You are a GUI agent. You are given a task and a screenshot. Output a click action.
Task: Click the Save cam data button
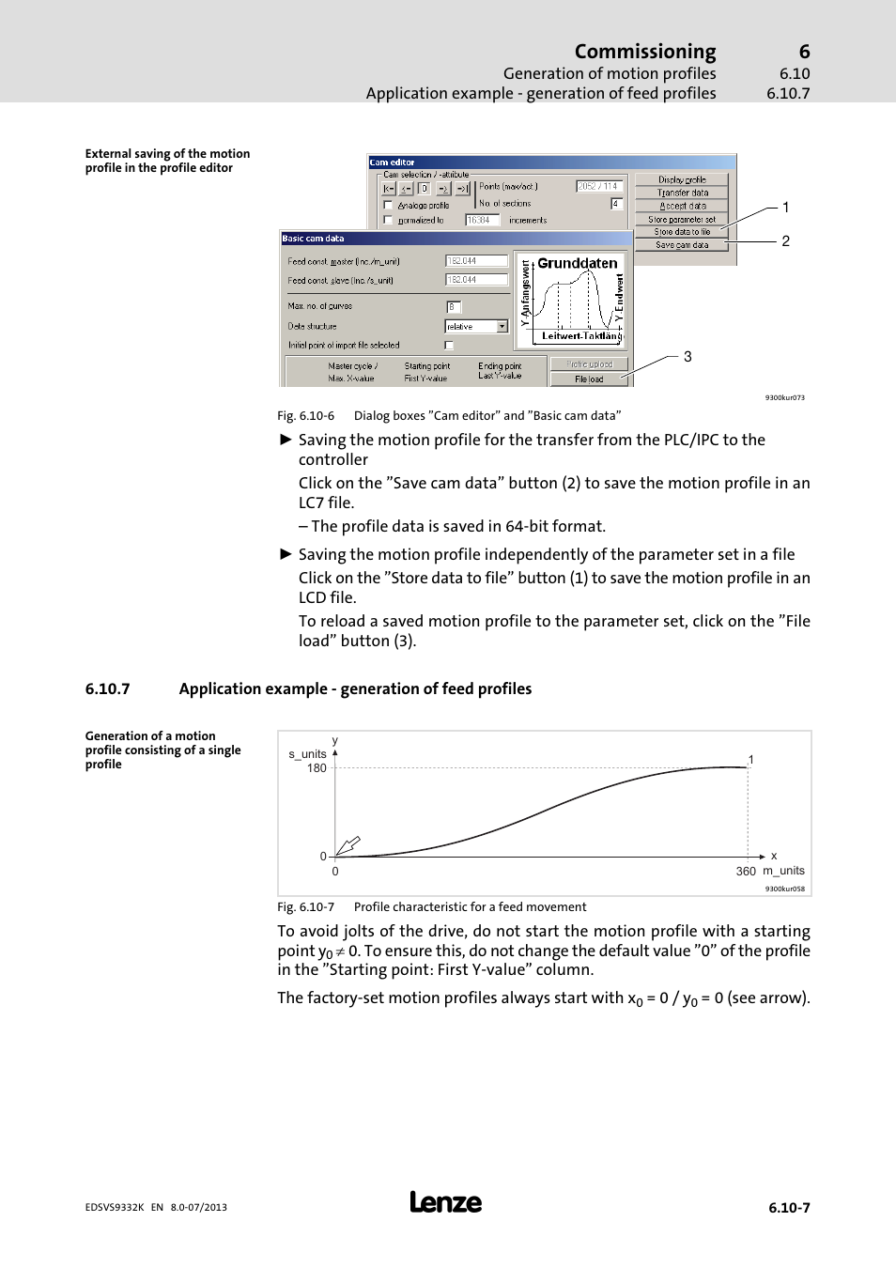tap(682, 245)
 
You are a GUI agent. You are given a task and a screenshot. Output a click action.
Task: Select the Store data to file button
tap(682, 232)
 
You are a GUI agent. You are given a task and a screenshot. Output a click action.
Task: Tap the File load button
tap(589, 379)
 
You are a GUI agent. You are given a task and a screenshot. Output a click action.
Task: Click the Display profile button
tap(682, 179)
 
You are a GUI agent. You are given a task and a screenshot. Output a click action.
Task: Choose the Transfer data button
tap(682, 193)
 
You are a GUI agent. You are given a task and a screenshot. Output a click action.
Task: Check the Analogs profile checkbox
tap(388, 205)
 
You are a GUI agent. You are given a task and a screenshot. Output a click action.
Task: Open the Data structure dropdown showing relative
tap(476, 327)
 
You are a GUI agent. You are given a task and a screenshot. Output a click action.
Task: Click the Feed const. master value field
tap(476, 261)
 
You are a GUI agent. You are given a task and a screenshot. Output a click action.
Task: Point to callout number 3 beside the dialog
tap(687, 357)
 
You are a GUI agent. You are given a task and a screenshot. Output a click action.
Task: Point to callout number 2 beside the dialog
tap(785, 241)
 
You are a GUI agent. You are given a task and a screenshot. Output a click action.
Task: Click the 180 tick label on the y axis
tap(317, 768)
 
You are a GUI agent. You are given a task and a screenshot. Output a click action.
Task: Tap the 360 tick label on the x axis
tap(746, 872)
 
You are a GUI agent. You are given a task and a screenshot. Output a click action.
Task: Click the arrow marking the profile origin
tap(348, 845)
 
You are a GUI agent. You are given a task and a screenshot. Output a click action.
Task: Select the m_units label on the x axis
tap(783, 871)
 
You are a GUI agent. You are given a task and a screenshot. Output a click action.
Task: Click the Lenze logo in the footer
tap(446, 1202)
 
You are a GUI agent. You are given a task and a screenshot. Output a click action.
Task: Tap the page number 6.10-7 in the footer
tap(789, 1208)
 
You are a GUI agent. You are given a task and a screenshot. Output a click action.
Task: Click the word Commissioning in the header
tap(645, 52)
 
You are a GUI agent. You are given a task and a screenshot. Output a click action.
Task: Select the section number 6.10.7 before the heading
tap(107, 689)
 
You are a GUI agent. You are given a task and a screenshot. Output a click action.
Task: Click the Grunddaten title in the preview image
tap(577, 264)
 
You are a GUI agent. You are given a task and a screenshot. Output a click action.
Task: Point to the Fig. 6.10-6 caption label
tap(305, 416)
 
